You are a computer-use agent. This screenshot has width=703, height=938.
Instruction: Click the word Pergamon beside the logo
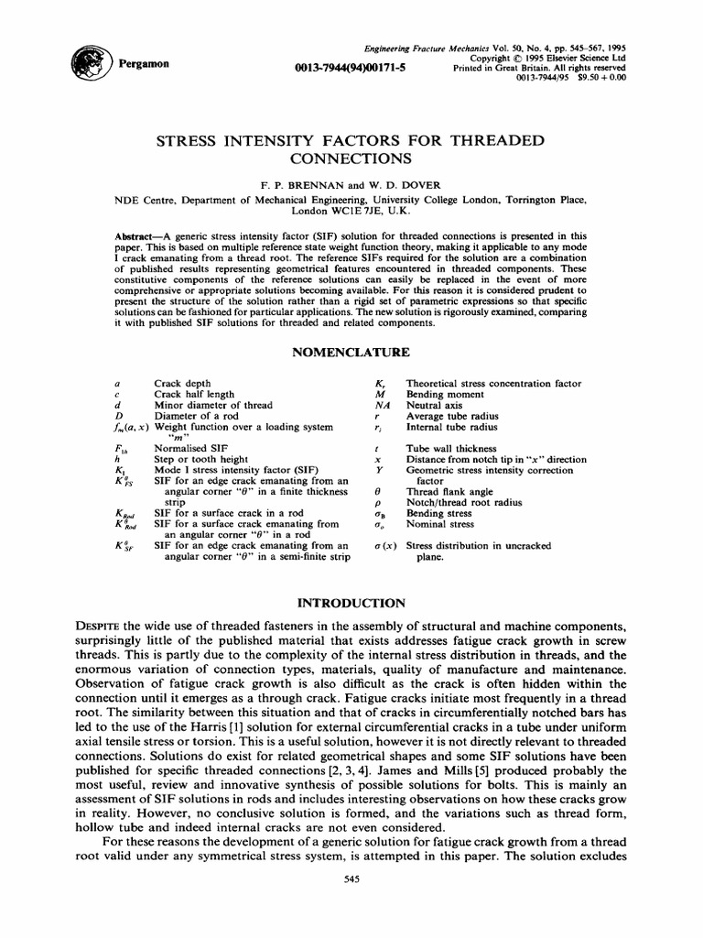pos(139,65)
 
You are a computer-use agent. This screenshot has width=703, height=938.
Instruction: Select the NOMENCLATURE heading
pos(351,353)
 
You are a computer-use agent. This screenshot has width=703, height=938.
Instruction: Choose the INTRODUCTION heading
pos(351,602)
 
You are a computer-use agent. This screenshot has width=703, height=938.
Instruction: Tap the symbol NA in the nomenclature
pos(383,404)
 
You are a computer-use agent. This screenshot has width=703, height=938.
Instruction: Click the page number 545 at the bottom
pos(351,906)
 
